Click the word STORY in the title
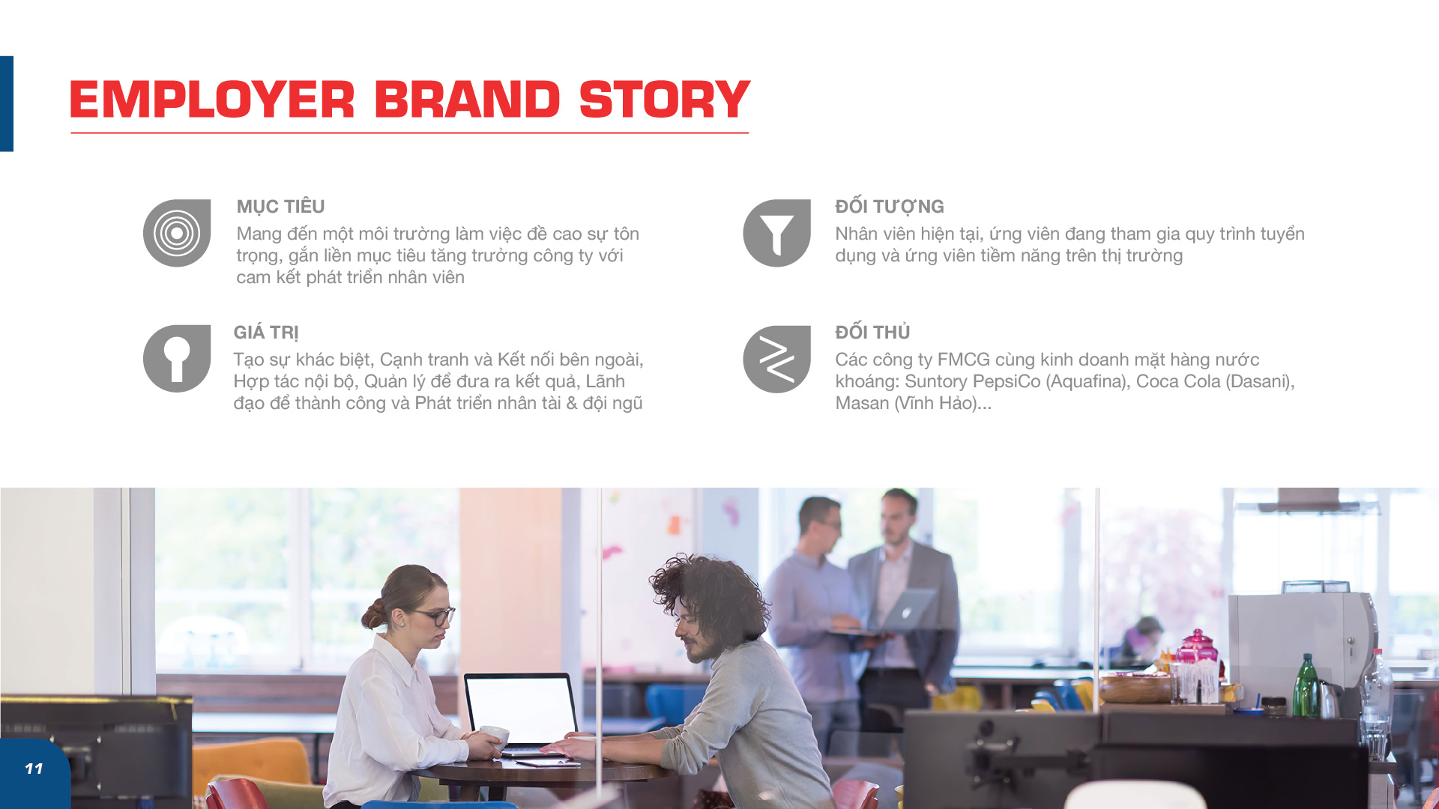coord(664,100)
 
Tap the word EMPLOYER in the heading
coord(212,100)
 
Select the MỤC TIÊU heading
coord(280,207)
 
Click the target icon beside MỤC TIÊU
coord(177,233)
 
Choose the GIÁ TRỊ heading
coord(266,333)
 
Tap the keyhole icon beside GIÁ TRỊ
coord(177,359)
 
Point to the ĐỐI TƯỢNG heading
coord(890,207)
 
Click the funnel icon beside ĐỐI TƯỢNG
coord(776,233)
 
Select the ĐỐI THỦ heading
coord(872,332)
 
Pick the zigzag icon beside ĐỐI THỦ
coord(776,360)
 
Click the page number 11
coord(34,769)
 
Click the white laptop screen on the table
coord(519,710)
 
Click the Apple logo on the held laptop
coord(906,612)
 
